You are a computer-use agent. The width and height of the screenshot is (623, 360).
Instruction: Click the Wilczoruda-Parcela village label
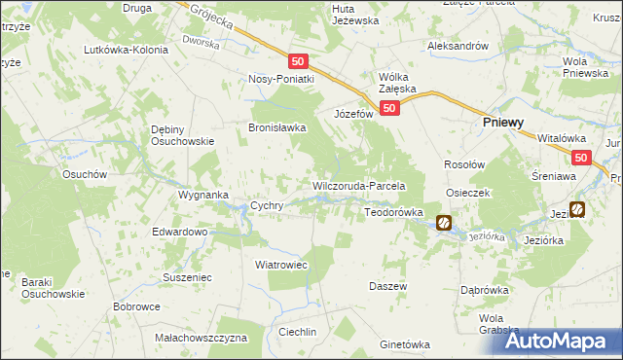click(x=357, y=186)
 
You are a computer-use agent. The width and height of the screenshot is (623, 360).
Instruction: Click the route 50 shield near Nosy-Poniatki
click(x=298, y=60)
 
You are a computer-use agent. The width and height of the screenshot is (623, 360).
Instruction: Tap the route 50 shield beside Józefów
click(x=387, y=108)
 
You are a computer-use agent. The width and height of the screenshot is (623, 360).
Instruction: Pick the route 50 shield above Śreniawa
click(x=581, y=157)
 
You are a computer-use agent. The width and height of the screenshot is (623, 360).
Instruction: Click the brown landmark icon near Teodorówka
click(x=444, y=223)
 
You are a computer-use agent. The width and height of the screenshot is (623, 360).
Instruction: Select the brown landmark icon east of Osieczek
click(x=577, y=208)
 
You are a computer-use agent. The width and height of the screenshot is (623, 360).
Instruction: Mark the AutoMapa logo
click(x=565, y=340)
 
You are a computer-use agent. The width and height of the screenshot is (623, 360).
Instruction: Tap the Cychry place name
click(x=267, y=205)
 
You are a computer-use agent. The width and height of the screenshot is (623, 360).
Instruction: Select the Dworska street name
click(x=201, y=43)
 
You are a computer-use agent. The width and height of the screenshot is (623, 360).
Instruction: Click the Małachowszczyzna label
click(x=202, y=338)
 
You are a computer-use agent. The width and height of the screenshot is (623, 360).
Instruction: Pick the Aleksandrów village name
click(x=457, y=46)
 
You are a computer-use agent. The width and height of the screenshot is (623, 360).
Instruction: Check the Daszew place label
click(x=386, y=286)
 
